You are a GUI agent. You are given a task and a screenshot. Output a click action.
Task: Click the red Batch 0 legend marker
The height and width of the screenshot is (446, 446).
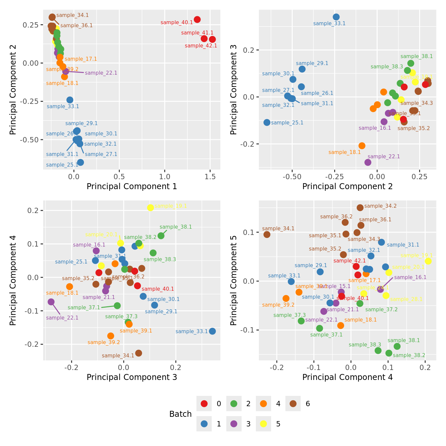coord(204,404)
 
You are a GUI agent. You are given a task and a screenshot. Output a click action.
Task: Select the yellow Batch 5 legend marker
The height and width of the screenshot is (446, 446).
coord(263,424)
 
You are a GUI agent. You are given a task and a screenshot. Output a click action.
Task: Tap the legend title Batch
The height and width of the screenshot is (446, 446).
coord(180,414)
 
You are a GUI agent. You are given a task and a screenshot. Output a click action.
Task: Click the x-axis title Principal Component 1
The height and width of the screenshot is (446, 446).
coord(132,186)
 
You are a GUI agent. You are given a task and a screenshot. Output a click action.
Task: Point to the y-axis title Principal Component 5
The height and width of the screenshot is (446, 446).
coord(234,280)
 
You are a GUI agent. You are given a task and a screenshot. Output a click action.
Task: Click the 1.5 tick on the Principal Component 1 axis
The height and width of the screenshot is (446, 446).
coord(210,177)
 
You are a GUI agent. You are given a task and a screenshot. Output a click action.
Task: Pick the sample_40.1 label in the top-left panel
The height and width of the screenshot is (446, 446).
coord(177,23)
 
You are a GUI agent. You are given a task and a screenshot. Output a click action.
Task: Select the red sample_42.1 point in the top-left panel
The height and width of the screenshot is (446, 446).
coord(212,39)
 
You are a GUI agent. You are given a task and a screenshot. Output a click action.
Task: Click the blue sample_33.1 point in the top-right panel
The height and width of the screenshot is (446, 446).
coord(336,17)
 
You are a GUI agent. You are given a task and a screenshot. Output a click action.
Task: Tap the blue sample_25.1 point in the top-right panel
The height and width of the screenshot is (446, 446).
coord(267,122)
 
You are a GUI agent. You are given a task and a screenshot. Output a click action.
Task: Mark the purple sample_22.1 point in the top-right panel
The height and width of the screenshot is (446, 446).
coord(368,162)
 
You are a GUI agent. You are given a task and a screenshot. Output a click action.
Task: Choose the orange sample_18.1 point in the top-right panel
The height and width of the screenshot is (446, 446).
coord(362,146)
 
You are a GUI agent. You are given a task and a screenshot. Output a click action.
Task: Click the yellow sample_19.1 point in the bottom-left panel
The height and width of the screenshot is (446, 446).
coord(150,208)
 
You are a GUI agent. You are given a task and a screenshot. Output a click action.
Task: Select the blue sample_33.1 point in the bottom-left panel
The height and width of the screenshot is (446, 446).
coord(212,331)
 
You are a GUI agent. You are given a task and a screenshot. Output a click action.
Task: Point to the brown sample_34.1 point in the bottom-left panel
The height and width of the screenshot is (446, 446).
coord(139,353)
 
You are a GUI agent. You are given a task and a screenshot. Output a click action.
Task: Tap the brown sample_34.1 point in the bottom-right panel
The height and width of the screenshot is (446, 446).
coord(267,235)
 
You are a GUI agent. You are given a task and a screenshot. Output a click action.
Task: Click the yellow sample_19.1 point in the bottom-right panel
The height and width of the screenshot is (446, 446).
coord(428,261)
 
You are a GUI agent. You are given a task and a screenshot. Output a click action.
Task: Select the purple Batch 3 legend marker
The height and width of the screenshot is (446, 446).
coord(234,424)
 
